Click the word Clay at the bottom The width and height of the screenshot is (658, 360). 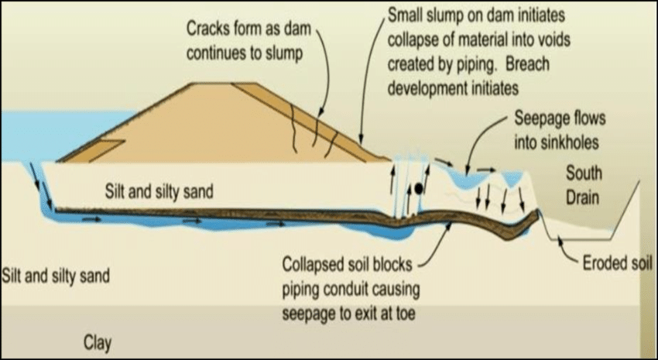[98, 342]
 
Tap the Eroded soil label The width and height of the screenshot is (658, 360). [617, 263]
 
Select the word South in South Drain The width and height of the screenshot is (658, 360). [584, 173]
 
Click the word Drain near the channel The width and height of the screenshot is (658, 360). [582, 197]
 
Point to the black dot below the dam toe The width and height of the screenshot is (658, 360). [418, 189]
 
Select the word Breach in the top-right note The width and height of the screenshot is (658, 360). [527, 64]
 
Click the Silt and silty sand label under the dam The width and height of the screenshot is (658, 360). [159, 191]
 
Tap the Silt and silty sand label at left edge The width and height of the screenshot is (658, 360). [56, 276]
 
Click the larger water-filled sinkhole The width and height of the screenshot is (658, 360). [467, 179]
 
